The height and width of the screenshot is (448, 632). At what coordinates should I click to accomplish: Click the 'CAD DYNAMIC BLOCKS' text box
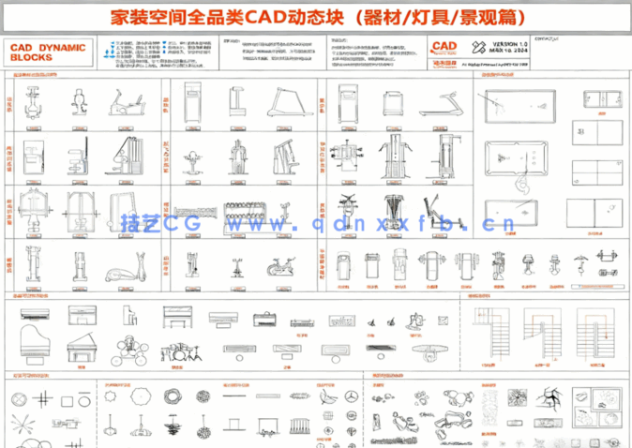click(x=48, y=52)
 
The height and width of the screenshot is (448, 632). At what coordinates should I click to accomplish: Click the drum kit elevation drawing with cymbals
click(x=179, y=351)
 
